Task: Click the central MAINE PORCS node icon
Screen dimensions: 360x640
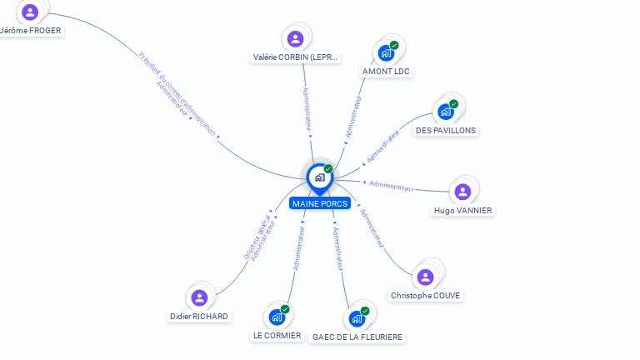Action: (319, 177)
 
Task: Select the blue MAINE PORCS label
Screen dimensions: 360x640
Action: (320, 203)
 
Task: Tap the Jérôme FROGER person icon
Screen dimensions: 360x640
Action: (30, 12)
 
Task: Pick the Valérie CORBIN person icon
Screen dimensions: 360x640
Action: (295, 38)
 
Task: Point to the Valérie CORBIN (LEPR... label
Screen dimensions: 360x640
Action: (296, 57)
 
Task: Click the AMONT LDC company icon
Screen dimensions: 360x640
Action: (386, 52)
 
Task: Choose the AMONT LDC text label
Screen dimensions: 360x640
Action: (387, 72)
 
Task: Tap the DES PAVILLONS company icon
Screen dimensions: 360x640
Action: (446, 111)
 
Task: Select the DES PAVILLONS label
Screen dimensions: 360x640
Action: (446, 130)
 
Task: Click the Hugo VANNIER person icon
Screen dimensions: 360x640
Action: (462, 192)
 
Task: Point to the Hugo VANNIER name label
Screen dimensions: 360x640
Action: (462, 211)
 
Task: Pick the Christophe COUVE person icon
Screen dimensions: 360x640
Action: (426, 277)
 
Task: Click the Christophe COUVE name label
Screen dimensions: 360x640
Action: (425, 296)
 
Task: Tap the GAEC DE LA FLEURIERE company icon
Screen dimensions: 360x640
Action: (357, 318)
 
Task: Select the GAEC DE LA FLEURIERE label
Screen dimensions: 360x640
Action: (357, 337)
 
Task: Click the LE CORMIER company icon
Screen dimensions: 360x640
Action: (277, 317)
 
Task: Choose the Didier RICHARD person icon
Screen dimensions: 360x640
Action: (198, 297)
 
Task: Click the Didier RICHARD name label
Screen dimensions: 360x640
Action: (198, 317)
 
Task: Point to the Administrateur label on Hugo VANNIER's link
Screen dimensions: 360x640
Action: (391, 187)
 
